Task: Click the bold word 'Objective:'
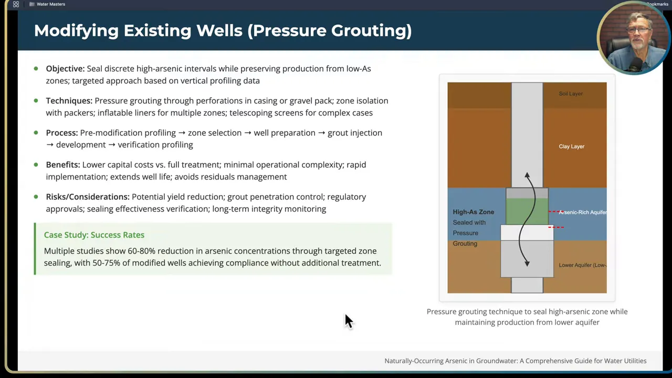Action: pos(65,69)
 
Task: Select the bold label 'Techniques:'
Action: pos(69,101)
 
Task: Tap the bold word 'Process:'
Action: pos(61,133)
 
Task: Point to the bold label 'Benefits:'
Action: pos(63,165)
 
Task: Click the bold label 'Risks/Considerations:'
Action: pos(88,197)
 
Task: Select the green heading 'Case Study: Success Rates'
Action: pos(94,235)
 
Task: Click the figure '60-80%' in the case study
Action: pos(141,251)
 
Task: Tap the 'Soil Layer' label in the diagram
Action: pos(571,94)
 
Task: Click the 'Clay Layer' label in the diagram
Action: pos(571,146)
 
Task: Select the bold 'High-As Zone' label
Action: pos(473,212)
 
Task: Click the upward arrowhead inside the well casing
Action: pos(527,176)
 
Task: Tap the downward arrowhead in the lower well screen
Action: pos(527,263)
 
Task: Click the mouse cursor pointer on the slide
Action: pos(348,320)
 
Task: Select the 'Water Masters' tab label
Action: pos(51,4)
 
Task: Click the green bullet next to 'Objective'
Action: pos(36,69)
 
